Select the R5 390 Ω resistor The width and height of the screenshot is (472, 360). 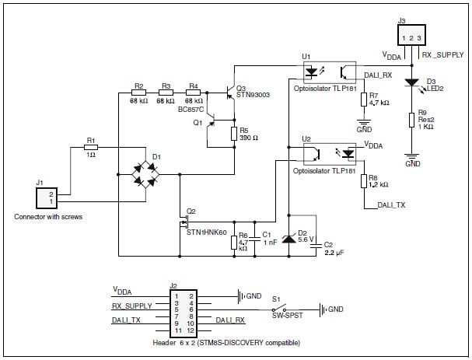tap(234, 134)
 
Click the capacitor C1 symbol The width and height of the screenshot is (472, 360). tap(257, 242)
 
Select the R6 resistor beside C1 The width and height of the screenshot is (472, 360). tap(234, 242)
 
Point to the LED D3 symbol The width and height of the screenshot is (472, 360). tap(411, 81)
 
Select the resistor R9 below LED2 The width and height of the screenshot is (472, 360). tap(411, 121)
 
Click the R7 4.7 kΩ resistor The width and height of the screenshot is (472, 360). tap(363, 99)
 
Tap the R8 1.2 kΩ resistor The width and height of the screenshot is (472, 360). tap(363, 180)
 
